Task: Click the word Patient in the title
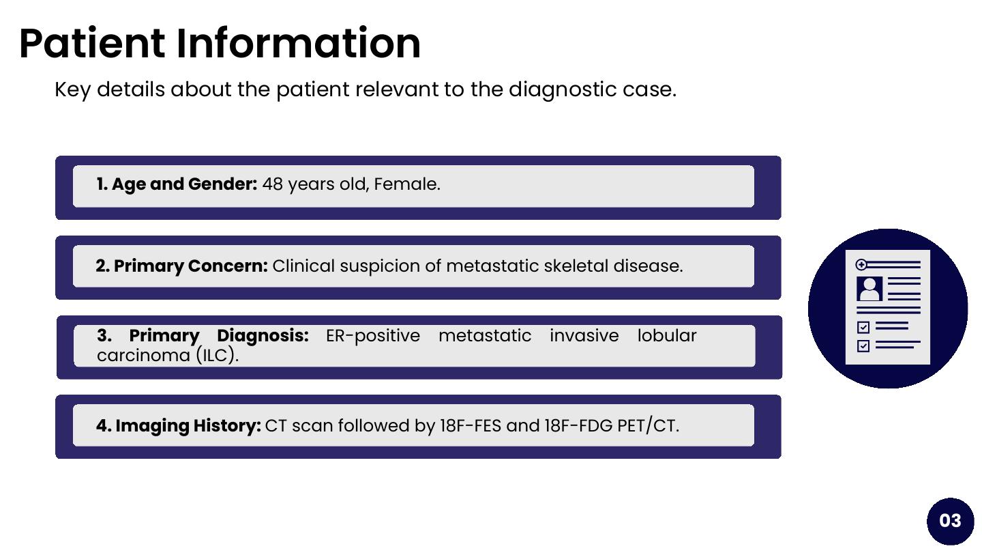coord(92,43)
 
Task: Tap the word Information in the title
coord(298,43)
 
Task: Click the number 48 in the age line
coord(272,184)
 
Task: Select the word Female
coord(407,184)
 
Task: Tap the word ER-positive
coord(372,336)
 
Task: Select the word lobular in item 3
coord(666,335)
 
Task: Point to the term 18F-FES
coord(471,426)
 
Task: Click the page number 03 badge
coord(950,521)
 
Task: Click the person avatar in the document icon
coord(869,289)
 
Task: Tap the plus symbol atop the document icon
coord(861,265)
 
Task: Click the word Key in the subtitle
coord(73,89)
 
